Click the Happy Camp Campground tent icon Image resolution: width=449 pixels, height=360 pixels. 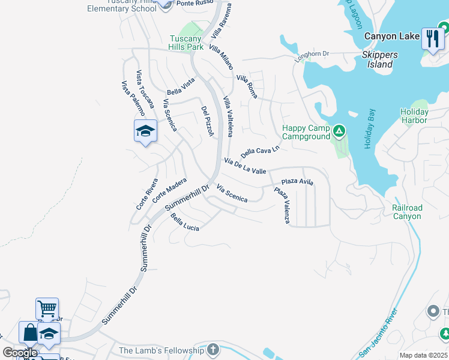pos(339,130)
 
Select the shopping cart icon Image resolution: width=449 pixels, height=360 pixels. pos(47,309)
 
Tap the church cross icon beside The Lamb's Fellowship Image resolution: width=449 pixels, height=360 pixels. pos(213,350)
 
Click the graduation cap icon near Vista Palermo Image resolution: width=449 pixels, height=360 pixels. pos(145,131)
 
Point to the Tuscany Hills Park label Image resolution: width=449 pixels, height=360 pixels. pos(186,43)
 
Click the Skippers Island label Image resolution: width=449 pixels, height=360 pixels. pos(379,59)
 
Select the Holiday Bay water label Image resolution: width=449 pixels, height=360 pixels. pos(370,129)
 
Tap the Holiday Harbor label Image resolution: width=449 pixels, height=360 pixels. pos(414,116)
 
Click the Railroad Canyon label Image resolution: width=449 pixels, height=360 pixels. pos(407,212)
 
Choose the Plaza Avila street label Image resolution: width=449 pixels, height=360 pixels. pos(298,181)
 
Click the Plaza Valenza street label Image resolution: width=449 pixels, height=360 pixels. pos(282,206)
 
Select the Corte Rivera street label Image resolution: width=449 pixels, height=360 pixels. pos(146,194)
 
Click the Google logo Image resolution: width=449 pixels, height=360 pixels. pos(20,353)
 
